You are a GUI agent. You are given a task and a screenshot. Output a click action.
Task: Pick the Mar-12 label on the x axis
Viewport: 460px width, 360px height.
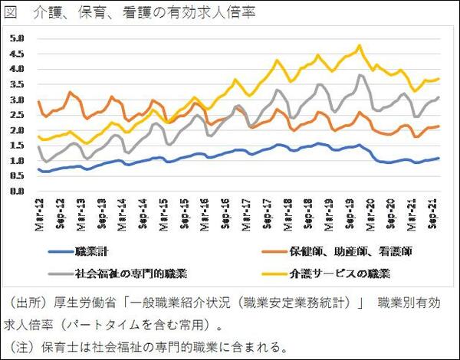point(39,211)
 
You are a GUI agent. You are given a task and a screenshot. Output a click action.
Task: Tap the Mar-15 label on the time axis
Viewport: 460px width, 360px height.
point(163,211)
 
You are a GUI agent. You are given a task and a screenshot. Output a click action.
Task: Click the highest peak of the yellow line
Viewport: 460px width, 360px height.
point(360,46)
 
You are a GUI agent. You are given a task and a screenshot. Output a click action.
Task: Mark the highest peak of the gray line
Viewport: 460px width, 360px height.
point(360,75)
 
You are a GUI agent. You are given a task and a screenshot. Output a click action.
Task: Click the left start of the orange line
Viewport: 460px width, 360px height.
point(38,100)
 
